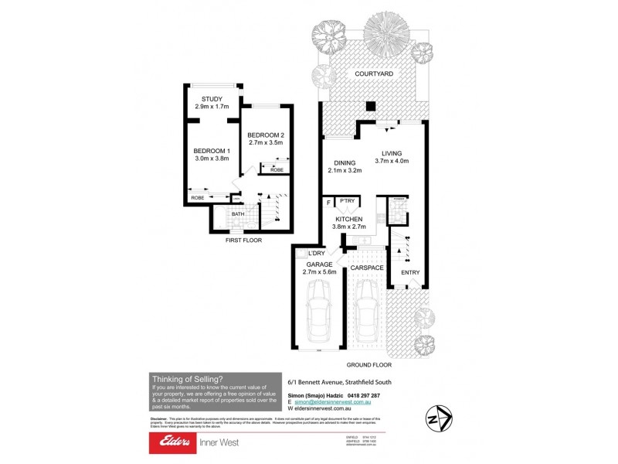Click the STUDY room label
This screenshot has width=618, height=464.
[212, 99]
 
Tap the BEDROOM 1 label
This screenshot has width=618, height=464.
[209, 150]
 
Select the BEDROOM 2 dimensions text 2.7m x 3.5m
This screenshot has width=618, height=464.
[265, 143]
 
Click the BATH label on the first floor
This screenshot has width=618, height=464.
[238, 213]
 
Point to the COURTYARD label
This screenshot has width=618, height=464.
[374, 73]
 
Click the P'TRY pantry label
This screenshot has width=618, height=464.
[346, 201]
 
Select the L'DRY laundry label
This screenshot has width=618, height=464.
[316, 254]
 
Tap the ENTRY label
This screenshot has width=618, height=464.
[410, 271]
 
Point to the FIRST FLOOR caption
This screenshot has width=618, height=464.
[243, 241]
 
